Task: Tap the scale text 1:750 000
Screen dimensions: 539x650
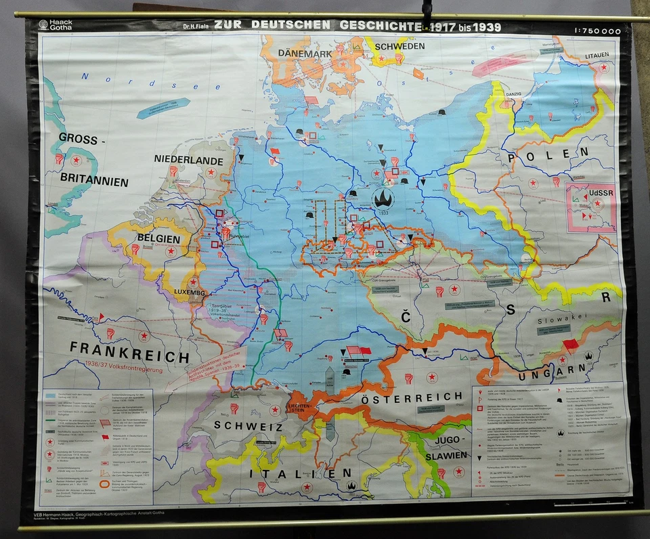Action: [x=596, y=30]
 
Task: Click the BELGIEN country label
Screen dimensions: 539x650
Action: [x=158, y=239]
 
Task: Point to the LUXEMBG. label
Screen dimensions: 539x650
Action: [x=188, y=293]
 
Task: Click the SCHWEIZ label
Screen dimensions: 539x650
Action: [x=247, y=426]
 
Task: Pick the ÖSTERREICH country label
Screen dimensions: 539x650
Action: [x=410, y=399]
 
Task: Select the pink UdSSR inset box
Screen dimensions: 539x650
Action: [x=590, y=207]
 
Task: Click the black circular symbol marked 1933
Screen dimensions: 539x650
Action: [x=383, y=198]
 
